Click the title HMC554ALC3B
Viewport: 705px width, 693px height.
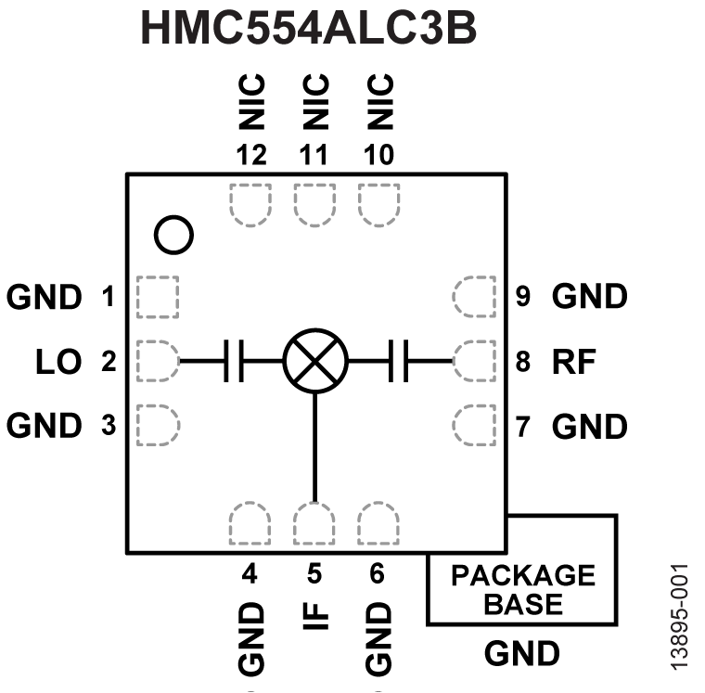pos(308,29)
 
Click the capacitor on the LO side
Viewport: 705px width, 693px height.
pos(234,361)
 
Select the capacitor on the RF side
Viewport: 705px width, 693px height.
pos(400,361)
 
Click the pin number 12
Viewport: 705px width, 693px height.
pos(250,155)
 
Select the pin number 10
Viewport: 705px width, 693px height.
pos(378,155)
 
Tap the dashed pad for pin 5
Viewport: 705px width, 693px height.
pos(314,522)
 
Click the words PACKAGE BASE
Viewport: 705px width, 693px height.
pos(522,589)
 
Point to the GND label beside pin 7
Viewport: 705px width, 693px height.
pos(589,427)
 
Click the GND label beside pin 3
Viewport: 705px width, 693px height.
pos(45,426)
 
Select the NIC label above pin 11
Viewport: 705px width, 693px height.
pos(314,101)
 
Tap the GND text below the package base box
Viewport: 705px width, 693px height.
pos(522,653)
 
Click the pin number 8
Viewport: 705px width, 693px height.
pos(523,361)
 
